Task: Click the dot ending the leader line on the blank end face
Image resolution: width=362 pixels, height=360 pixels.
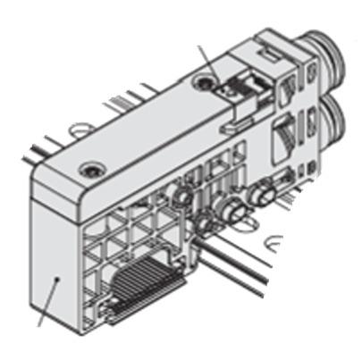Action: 57,279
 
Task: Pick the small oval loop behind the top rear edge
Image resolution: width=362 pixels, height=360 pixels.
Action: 80,130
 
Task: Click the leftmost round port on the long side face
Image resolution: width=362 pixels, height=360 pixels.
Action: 182,196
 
